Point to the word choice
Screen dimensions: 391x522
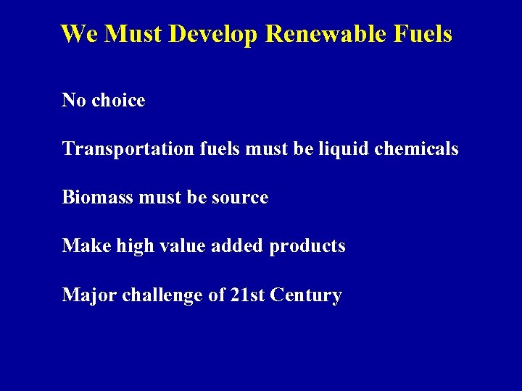point(118,100)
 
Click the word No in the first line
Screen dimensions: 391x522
point(73,100)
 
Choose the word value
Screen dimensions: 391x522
point(172,247)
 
